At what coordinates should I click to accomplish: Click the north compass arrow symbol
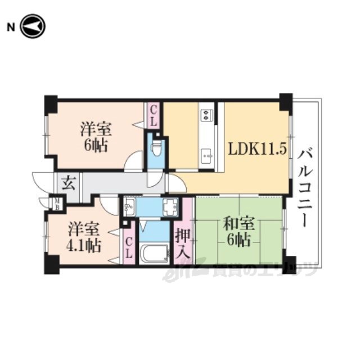coord(33,26)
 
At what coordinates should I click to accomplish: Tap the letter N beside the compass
coord(11,28)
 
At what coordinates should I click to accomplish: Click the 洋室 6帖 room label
coord(96,137)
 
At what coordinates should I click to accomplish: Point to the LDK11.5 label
coord(257,150)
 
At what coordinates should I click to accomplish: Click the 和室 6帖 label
coord(239,232)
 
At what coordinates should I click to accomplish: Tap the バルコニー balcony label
coord(305,187)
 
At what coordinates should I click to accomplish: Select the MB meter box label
coord(57,204)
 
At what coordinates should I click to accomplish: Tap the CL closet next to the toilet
coord(154,117)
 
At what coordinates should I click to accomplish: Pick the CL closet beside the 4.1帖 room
coord(129,248)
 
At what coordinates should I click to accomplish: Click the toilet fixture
coord(157,147)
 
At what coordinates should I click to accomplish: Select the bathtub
coord(155,253)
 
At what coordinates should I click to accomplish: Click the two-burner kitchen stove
coord(206,115)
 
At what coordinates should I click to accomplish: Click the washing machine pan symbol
coord(170,207)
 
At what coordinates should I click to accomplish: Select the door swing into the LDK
coord(177,183)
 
